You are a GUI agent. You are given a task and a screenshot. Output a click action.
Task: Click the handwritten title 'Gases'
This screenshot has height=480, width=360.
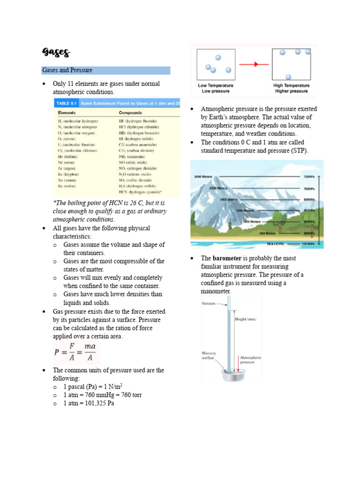pos(55,52)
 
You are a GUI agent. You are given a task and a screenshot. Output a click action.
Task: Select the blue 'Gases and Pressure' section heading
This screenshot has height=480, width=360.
pos(67,70)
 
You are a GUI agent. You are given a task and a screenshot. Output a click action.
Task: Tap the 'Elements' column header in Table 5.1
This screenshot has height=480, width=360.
pos(67,113)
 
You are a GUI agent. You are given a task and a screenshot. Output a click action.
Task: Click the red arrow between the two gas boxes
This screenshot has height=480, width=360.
pos(256,64)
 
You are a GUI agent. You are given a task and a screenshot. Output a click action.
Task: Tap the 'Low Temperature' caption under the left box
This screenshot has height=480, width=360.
pos(215,86)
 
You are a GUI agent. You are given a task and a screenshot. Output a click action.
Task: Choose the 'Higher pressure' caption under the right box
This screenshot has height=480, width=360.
pos(292,91)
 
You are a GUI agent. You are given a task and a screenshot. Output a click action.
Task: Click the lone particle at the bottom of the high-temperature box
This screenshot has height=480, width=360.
pos(288,76)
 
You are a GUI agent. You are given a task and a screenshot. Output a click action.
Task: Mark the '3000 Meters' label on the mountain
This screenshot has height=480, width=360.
pos(203,177)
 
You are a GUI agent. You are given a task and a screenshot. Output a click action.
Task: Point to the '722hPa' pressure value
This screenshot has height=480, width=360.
pos(307,177)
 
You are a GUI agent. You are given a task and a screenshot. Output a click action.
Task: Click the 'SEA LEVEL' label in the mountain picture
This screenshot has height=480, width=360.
pos(276,244)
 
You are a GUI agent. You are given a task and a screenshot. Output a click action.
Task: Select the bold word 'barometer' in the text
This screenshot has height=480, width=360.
pos(228,258)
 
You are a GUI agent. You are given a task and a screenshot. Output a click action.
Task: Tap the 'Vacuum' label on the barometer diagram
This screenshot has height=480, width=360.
pos(209,303)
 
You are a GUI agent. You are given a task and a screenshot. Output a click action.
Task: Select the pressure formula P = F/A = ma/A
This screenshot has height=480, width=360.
pos(75,352)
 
